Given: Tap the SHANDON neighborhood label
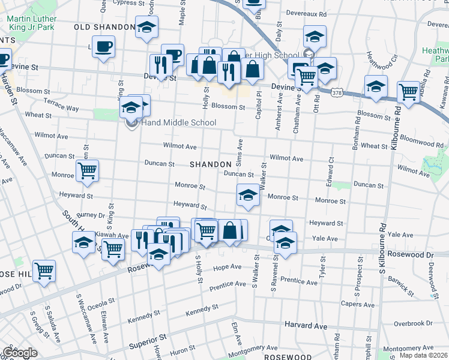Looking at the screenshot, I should click(x=211, y=164).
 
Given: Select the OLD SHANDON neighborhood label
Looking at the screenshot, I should click(x=104, y=28).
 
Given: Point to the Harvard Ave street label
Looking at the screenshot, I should click(x=306, y=326).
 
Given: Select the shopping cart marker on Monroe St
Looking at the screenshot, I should click(x=88, y=171).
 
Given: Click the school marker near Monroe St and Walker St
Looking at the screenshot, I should click(x=247, y=195).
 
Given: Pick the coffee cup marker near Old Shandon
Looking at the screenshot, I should click(x=103, y=46).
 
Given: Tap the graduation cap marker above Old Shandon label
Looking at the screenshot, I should click(x=146, y=27).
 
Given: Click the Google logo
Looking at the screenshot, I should click(x=20, y=353).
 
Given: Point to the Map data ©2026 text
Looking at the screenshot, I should click(x=423, y=355).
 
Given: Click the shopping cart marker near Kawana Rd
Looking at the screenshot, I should click(x=408, y=92).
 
